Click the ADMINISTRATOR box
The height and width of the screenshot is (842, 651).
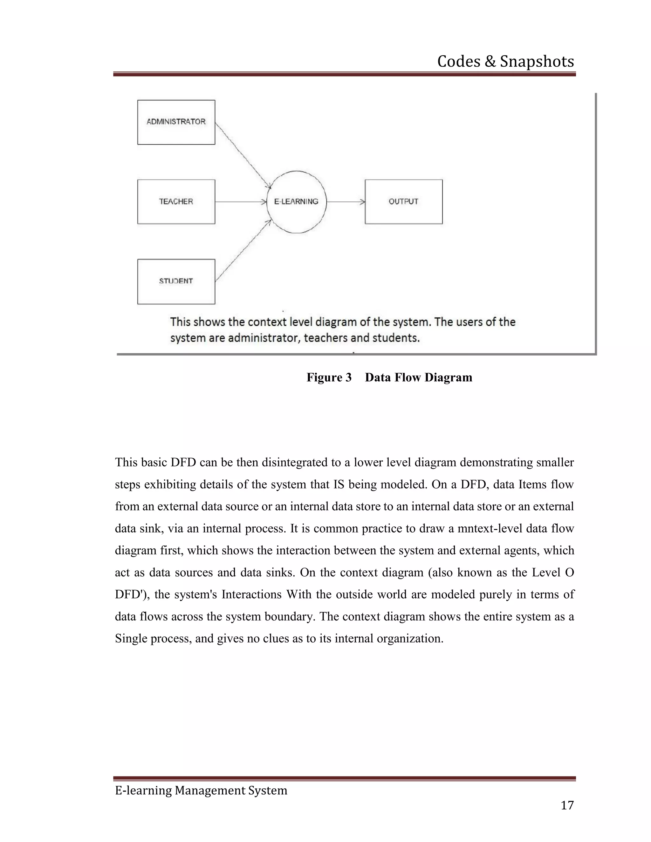coord(176,122)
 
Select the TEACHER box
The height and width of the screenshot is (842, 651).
coord(176,202)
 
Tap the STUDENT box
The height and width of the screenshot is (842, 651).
coord(176,282)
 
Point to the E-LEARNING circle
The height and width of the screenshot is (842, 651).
coord(296,202)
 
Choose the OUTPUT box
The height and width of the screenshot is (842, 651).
coord(403,202)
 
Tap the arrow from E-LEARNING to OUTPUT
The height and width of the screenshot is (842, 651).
coord(346,202)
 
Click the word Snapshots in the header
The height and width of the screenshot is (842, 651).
coord(537,62)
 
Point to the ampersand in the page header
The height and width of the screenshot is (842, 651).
coord(490,62)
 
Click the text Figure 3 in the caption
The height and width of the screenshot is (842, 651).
coord(329,377)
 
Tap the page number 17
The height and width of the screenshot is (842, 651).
coord(567,805)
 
